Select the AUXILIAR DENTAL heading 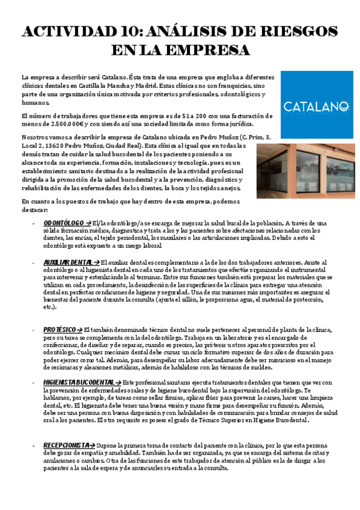(68, 263)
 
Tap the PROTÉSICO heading (59, 330)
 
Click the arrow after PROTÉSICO (79, 330)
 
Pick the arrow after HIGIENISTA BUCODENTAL (118, 382)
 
